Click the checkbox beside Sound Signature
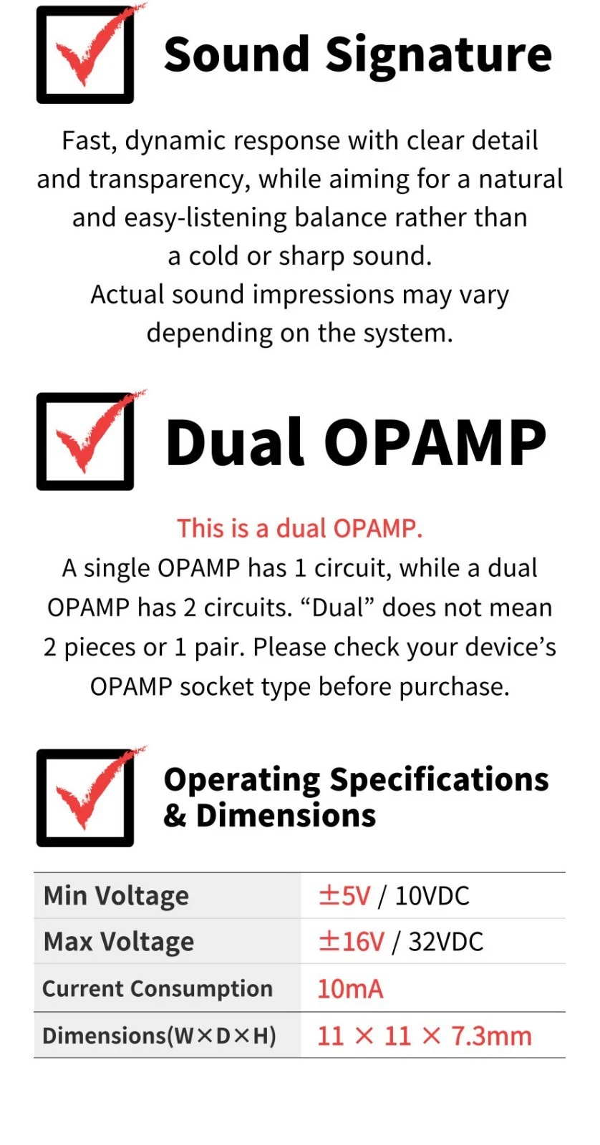(85, 55)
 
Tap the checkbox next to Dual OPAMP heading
(85, 442)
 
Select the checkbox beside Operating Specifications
(85, 798)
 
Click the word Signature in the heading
(439, 56)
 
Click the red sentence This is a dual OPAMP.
(300, 528)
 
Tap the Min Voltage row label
(116, 896)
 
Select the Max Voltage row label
(119, 942)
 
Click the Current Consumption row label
(158, 989)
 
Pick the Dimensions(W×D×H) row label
(159, 1036)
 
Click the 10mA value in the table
(350, 989)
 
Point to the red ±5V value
(344, 896)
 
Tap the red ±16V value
(351, 942)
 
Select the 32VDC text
(445, 942)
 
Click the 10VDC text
(432, 896)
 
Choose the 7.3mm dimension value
(491, 1036)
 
